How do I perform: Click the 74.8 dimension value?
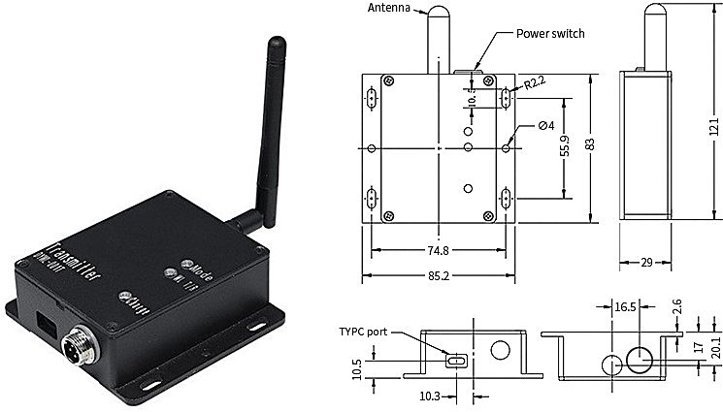click(x=438, y=250)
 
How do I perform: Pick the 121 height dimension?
click(x=713, y=126)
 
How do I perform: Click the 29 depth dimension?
click(x=645, y=262)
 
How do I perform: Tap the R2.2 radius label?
click(x=536, y=84)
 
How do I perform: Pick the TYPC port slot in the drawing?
click(x=456, y=361)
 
